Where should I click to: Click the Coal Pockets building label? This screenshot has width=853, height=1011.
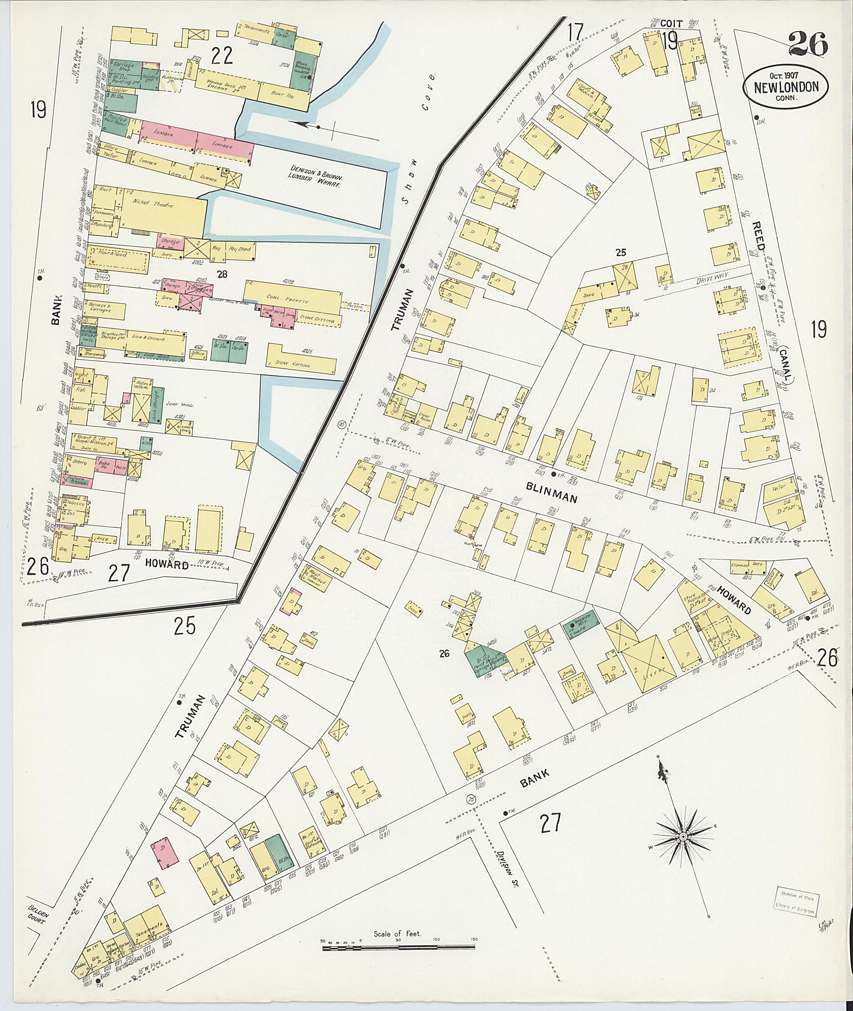click(x=292, y=300)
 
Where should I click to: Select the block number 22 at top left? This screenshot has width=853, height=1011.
click(x=222, y=57)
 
